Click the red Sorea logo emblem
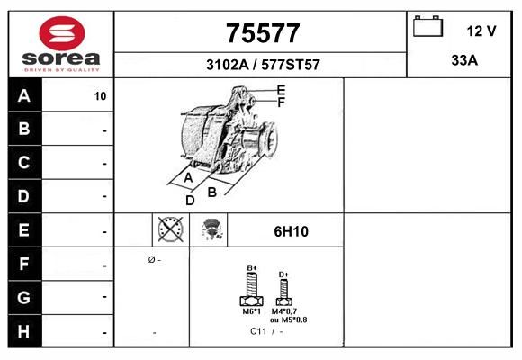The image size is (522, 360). coord(62,33)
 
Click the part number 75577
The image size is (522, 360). coord(263,33)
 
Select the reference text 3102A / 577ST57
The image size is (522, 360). coord(263,65)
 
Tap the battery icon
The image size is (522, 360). coord(427,26)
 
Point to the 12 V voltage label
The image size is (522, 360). coord(481,31)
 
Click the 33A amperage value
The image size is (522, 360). coord(464,60)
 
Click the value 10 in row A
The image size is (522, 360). coord(100,96)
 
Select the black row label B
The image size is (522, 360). coord(24,129)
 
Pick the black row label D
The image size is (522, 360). coord(24,196)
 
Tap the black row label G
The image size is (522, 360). coord(24,297)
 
